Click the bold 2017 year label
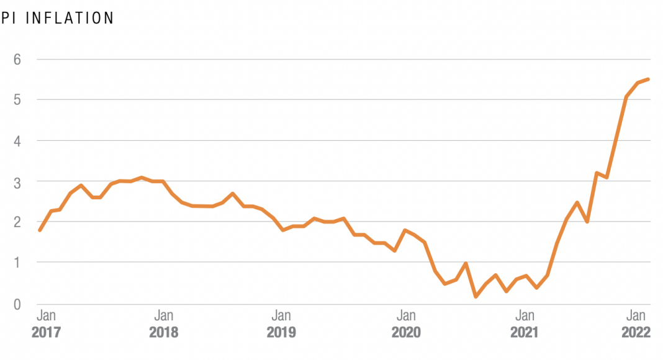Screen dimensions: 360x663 coord(46,333)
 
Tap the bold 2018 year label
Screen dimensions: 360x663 coord(163,333)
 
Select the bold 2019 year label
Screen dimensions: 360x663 coord(281,333)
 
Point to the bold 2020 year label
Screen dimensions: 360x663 coord(406,333)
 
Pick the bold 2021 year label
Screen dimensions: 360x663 coord(525,333)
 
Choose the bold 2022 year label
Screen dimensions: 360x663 coord(636,333)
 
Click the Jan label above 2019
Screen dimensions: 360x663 coord(281,315)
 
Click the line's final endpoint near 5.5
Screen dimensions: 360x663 coord(648,79)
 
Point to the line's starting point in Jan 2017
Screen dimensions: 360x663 coord(40,230)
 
